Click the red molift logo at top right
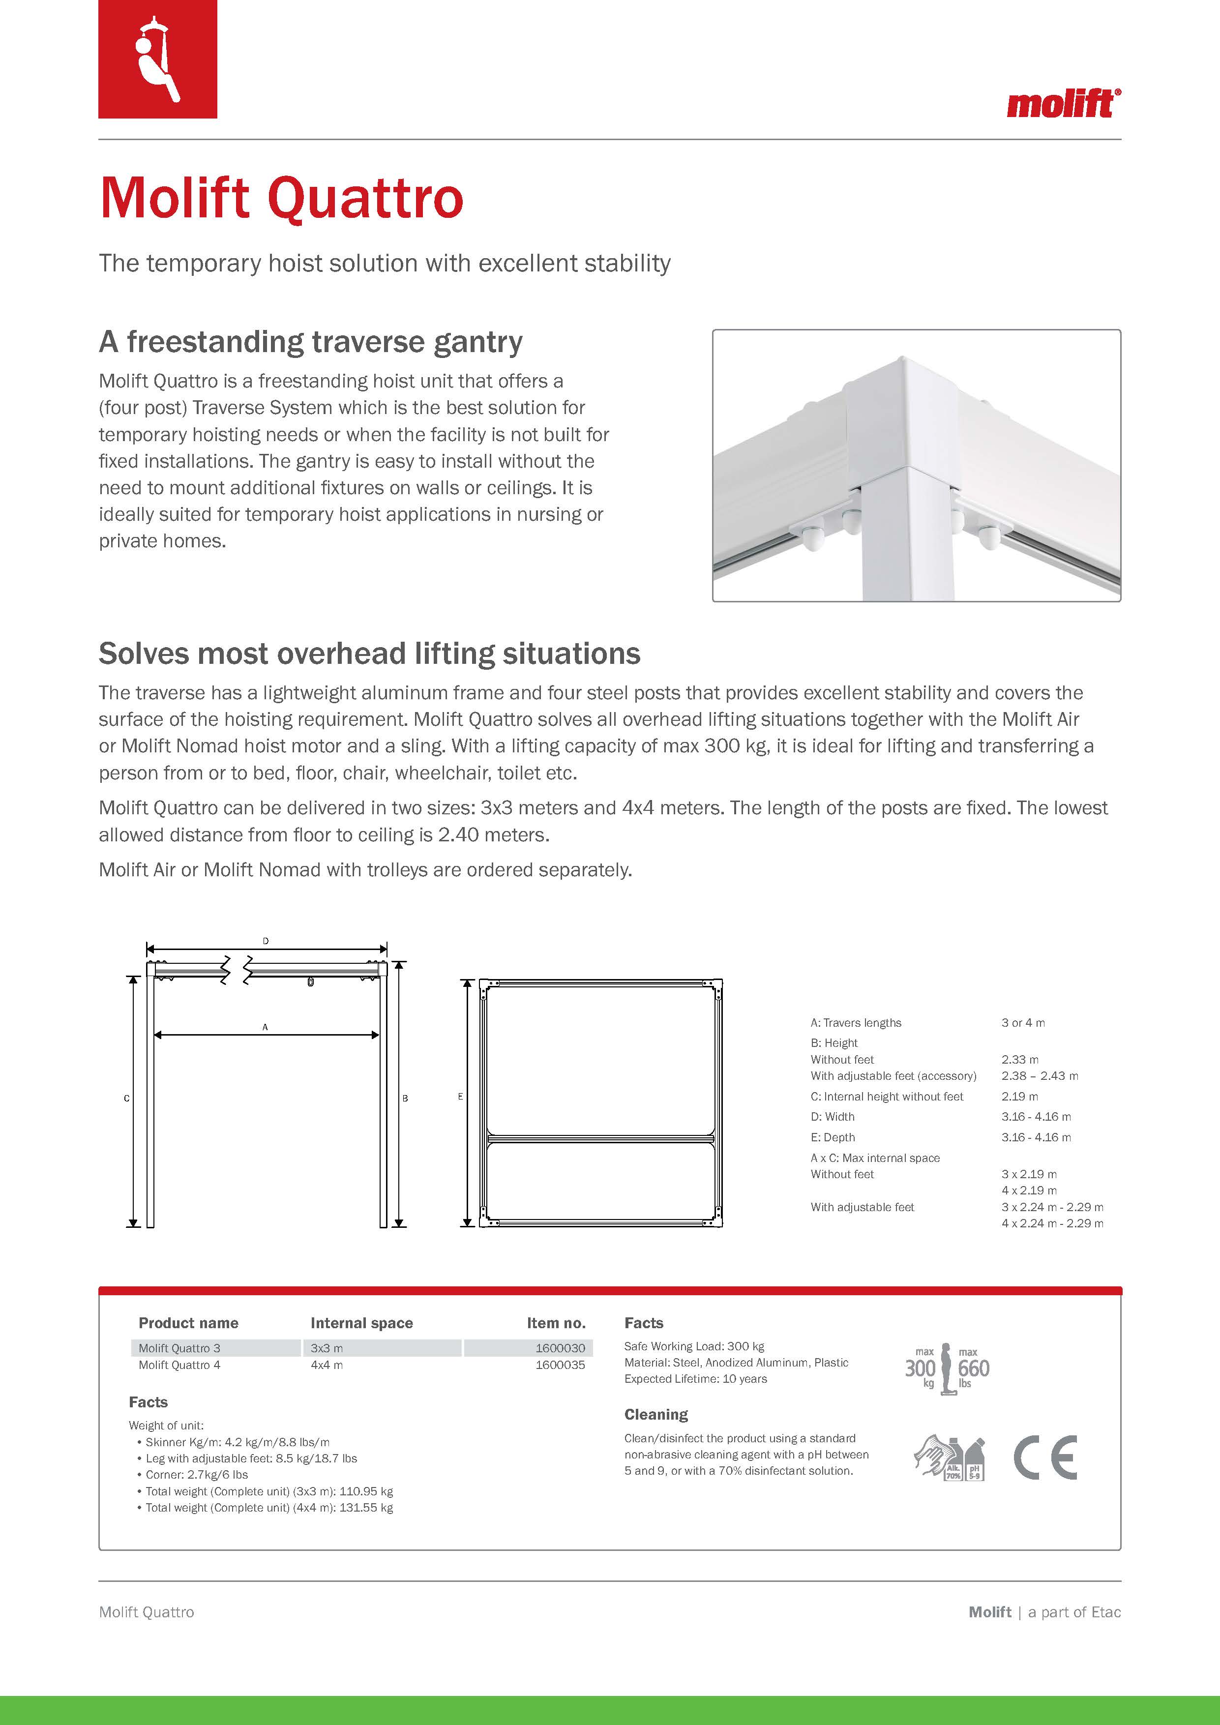(x=1063, y=104)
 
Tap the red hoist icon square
(x=158, y=59)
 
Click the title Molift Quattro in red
(x=281, y=198)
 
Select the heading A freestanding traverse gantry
(x=310, y=342)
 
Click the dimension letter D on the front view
(x=266, y=941)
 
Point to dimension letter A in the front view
(x=265, y=1027)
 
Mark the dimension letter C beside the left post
(x=126, y=1099)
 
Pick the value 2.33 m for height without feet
(x=1019, y=1059)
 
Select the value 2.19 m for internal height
(x=1019, y=1096)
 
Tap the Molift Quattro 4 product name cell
(x=179, y=1365)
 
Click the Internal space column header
(x=361, y=1323)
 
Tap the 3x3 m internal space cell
(x=327, y=1348)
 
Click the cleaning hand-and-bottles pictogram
(x=949, y=1458)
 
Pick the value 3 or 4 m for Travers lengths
(x=1022, y=1022)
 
